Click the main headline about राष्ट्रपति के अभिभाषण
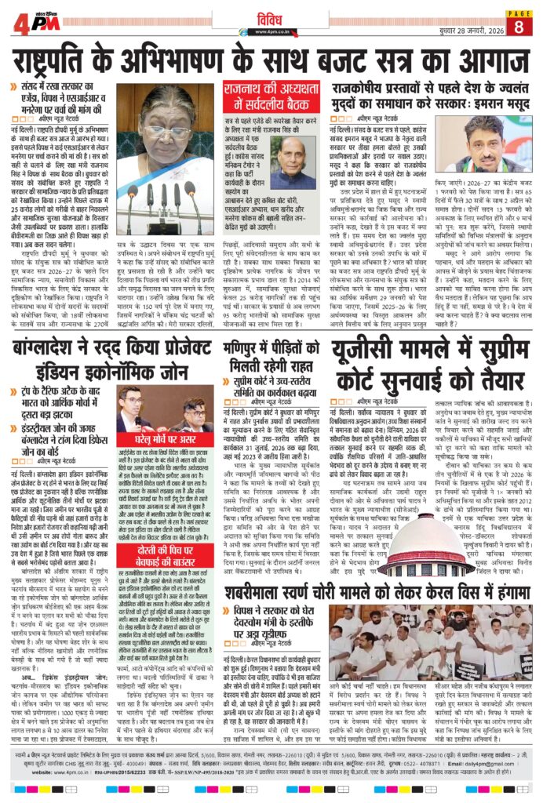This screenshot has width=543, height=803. click(x=271, y=60)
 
